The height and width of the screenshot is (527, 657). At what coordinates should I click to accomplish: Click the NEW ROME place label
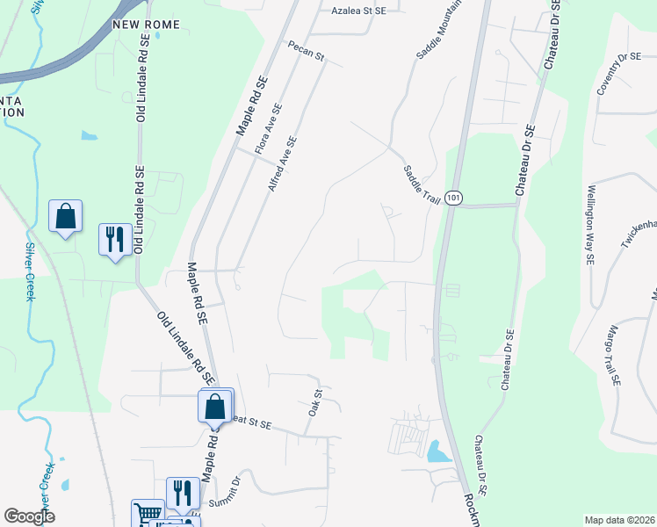click(146, 25)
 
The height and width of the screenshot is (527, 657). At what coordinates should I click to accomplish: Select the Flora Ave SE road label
click(267, 130)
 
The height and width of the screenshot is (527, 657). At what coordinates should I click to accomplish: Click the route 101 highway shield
click(451, 198)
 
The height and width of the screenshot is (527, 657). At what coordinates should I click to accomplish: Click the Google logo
click(30, 516)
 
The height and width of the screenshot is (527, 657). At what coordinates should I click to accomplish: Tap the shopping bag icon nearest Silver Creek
click(66, 216)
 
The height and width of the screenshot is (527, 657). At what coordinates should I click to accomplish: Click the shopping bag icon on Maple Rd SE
click(215, 407)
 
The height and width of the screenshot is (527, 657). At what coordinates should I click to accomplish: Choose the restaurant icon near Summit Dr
click(183, 493)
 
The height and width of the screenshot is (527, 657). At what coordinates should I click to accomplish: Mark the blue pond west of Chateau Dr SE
click(437, 452)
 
